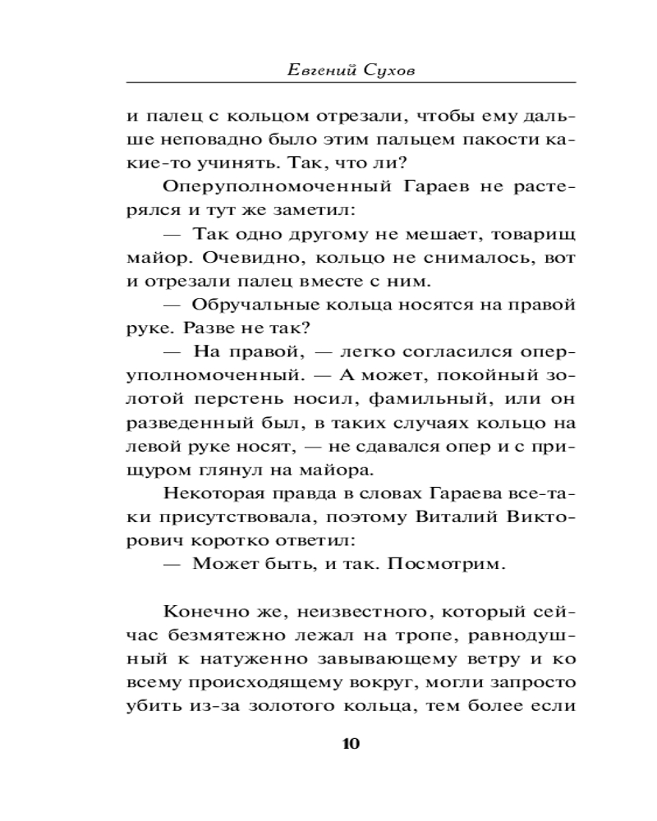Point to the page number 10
pos(350,745)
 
